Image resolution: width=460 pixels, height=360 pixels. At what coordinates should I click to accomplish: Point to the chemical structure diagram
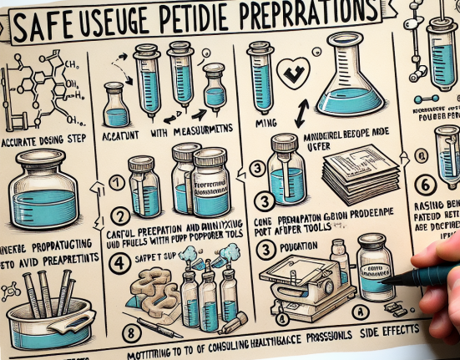42,84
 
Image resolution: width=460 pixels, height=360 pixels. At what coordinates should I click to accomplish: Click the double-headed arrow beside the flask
300,109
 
